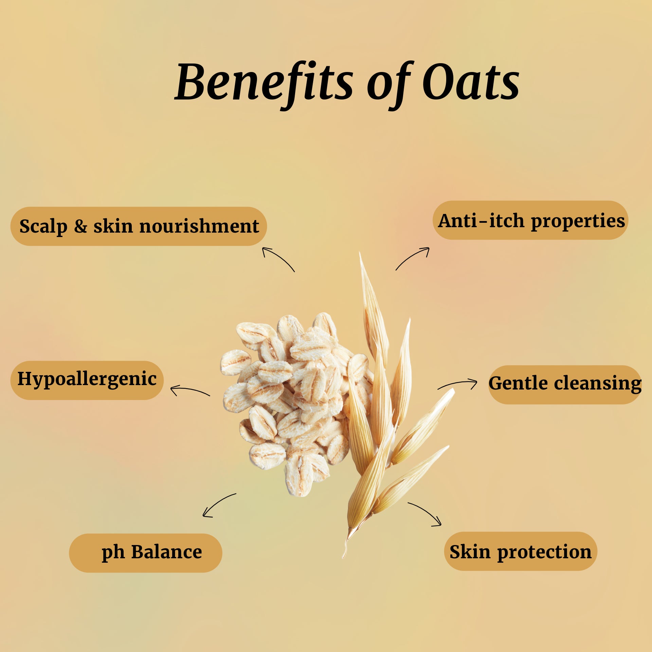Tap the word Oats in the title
click(x=471, y=82)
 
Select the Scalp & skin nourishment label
click(x=139, y=226)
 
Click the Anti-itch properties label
click(x=530, y=220)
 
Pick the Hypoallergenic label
click(x=87, y=380)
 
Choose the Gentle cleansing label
click(x=565, y=384)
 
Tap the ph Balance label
click(x=145, y=553)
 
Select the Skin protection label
click(x=521, y=551)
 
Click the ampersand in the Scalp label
click(x=80, y=226)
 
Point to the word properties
click(x=578, y=221)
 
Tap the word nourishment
click(x=199, y=226)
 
